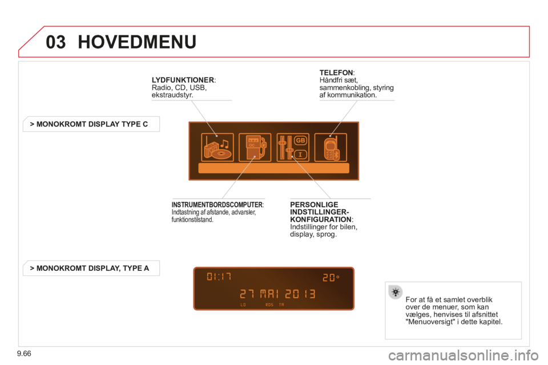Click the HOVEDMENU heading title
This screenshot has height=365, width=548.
pyautogui.click(x=137, y=42)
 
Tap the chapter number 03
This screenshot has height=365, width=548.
pyautogui.click(x=55, y=42)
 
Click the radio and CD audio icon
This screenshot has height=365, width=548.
pyautogui.click(x=217, y=147)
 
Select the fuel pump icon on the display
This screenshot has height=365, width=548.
pyautogui.click(x=255, y=147)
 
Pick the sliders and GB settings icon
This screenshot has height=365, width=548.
pyautogui.click(x=293, y=147)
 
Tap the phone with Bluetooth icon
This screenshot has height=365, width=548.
pyautogui.click(x=331, y=147)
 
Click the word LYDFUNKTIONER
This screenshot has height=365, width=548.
pyautogui.click(x=183, y=80)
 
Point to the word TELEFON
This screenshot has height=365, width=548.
pyautogui.click(x=336, y=72)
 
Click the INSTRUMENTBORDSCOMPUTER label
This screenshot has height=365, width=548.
pyautogui.click(x=217, y=205)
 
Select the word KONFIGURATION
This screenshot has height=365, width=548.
pyautogui.click(x=321, y=220)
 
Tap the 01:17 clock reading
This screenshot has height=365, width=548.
pyautogui.click(x=219, y=277)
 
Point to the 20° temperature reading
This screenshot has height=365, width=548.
pyautogui.click(x=331, y=278)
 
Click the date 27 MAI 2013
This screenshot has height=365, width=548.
pyautogui.click(x=278, y=294)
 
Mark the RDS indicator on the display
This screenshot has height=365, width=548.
pyautogui.click(x=269, y=305)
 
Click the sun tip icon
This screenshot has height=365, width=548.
pyautogui.click(x=395, y=291)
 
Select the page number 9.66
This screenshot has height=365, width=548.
pyautogui.click(x=24, y=354)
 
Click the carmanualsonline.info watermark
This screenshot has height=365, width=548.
pyautogui.click(x=464, y=355)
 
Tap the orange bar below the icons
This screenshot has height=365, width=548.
pyautogui.click(x=273, y=168)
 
